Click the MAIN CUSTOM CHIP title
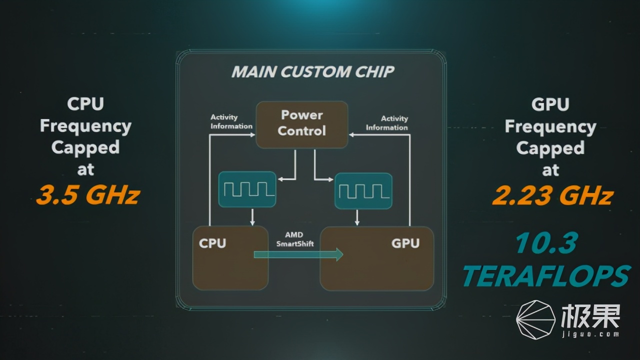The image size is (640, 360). pos(312,71)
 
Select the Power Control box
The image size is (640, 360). pos(302,124)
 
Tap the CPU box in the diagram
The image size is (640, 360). pos(230,258)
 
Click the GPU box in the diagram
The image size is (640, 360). pos(376,258)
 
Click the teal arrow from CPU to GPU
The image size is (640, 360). pos(298,254)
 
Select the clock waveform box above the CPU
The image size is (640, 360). pos(247,189)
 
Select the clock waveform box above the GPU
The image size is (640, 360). pos(363,190)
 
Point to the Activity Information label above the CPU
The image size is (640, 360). pos(231,122)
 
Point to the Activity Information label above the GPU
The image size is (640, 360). pos(387,123)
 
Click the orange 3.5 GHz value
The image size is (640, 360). pos(87,195)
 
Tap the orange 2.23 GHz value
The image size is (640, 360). pos(552,195)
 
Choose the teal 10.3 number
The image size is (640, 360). pos(546,243)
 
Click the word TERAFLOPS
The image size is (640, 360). pos(546,275)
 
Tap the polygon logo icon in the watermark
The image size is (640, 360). pos(535,320)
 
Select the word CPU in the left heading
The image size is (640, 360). pos(85,104)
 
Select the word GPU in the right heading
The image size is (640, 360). pos(550,104)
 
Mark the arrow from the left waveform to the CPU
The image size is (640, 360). pos(252,216)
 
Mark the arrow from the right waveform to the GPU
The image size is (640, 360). pos(357,217)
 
